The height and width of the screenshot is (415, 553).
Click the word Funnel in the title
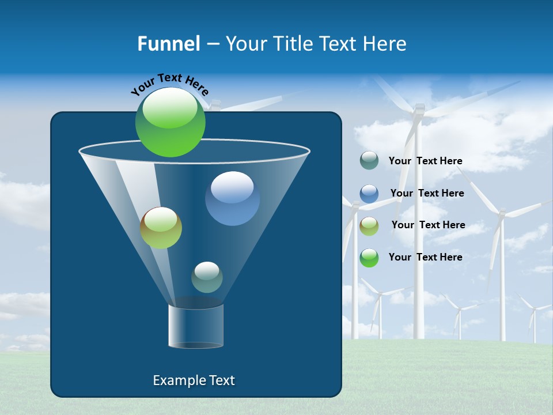(168, 44)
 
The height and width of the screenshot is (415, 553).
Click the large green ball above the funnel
(171, 122)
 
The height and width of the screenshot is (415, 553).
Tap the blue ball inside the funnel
(232, 198)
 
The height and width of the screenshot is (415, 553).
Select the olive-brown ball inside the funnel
(161, 228)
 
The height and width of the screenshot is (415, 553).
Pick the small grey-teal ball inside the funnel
(207, 277)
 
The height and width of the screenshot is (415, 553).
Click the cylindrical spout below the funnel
(195, 326)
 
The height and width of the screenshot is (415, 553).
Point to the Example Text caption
(194, 380)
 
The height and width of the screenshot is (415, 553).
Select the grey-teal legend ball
(369, 161)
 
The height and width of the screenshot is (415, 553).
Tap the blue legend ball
(369, 194)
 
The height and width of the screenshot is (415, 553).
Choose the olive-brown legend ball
(369, 226)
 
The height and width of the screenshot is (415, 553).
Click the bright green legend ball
(369, 258)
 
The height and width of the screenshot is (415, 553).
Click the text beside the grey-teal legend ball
(425, 161)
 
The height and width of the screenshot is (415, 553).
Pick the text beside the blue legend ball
(427, 193)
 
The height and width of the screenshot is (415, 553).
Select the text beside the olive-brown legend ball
(428, 225)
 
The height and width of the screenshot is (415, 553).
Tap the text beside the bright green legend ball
(425, 257)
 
